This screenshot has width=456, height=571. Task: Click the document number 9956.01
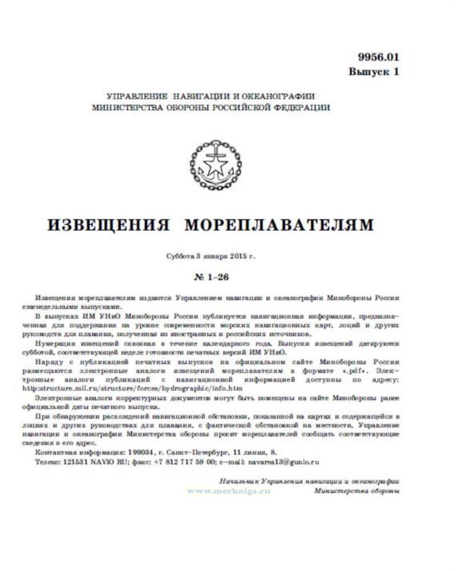pos(378,58)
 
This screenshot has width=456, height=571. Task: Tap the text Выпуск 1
pos(374,72)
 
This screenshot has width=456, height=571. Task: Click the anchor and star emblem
pos(211,166)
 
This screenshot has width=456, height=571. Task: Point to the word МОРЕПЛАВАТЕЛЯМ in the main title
pos(279,225)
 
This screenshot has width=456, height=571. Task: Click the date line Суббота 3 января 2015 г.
pos(211,256)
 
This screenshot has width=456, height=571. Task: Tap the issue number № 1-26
pos(212,277)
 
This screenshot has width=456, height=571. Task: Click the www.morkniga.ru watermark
pos(228,490)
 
